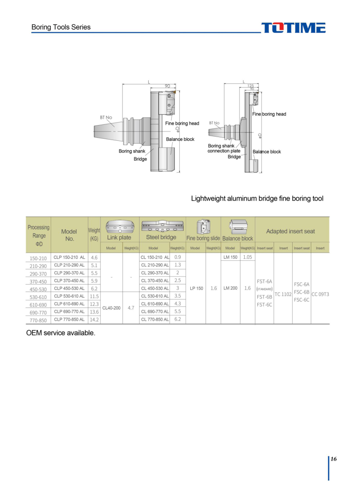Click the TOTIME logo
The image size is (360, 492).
pyautogui.click(x=293, y=28)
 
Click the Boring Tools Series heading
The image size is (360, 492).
pyautogui.click(x=61, y=27)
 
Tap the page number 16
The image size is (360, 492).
pyautogui.click(x=333, y=459)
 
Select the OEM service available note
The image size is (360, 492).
pyautogui.click(x=61, y=333)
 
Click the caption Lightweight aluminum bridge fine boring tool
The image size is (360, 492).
pyautogui.click(x=257, y=198)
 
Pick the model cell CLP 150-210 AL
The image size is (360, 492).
pyautogui.click(x=69, y=257)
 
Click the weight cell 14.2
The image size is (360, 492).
pyautogui.click(x=94, y=320)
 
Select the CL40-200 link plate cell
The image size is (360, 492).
pyautogui.click(x=111, y=308)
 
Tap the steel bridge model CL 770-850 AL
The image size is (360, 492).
pyautogui.click(x=155, y=319)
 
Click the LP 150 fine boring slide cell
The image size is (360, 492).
pyautogui.click(x=196, y=288)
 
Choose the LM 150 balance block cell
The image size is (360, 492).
pyautogui.click(x=230, y=257)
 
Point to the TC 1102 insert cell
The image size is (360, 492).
pyautogui.click(x=283, y=294)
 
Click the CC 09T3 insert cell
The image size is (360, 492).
pyautogui.click(x=320, y=294)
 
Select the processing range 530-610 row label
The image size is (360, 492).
pyautogui.click(x=38, y=297)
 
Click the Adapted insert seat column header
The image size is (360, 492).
pyautogui.click(x=290, y=231)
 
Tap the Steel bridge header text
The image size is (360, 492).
pyautogui.click(x=161, y=237)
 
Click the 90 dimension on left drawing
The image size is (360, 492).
pyautogui.click(x=167, y=86)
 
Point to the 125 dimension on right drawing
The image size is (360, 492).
pyautogui.click(x=251, y=86)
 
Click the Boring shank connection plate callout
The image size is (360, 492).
pyautogui.click(x=223, y=148)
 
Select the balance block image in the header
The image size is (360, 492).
pyautogui.click(x=237, y=226)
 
